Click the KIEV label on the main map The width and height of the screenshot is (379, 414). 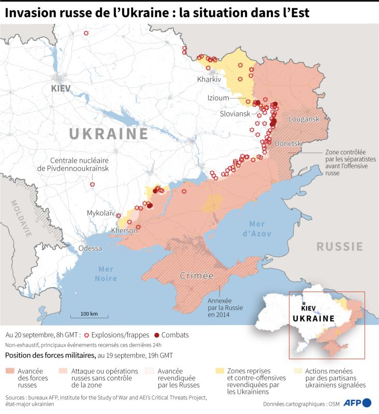coord(61,89)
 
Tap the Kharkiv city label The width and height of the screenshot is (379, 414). coord(209,80)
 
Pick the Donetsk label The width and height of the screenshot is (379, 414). coord(288,143)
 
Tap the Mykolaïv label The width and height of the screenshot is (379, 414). coord(101,213)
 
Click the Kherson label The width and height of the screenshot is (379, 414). coord(124,231)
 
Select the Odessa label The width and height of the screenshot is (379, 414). coord(90,248)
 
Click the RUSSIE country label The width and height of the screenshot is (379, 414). coord(339,246)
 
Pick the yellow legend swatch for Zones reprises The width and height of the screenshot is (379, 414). coord(220,371)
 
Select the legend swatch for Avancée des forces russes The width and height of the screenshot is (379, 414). coord(10,371)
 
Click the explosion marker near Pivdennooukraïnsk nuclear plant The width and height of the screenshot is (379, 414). coord(92,184)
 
